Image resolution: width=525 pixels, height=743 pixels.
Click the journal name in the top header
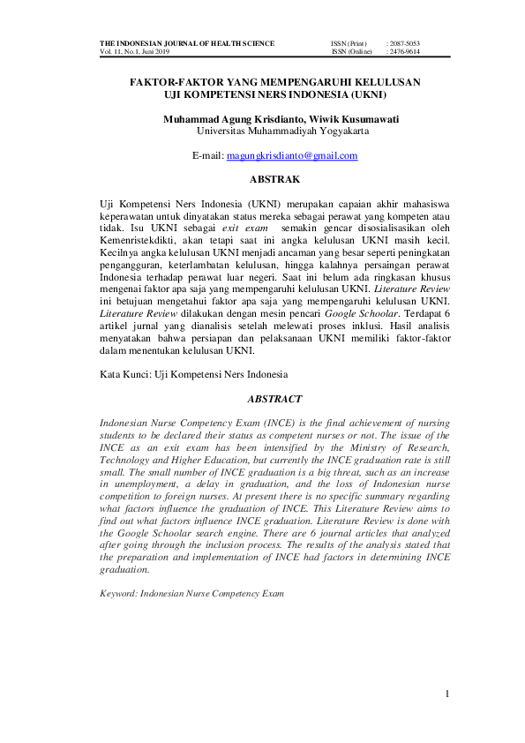click(x=186, y=43)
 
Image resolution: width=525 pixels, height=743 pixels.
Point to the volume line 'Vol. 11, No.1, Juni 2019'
click(x=136, y=52)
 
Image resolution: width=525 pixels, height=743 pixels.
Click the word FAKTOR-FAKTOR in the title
click(x=176, y=81)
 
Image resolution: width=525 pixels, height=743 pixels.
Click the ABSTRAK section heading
click(x=275, y=180)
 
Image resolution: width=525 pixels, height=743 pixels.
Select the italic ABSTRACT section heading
click(x=275, y=400)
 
